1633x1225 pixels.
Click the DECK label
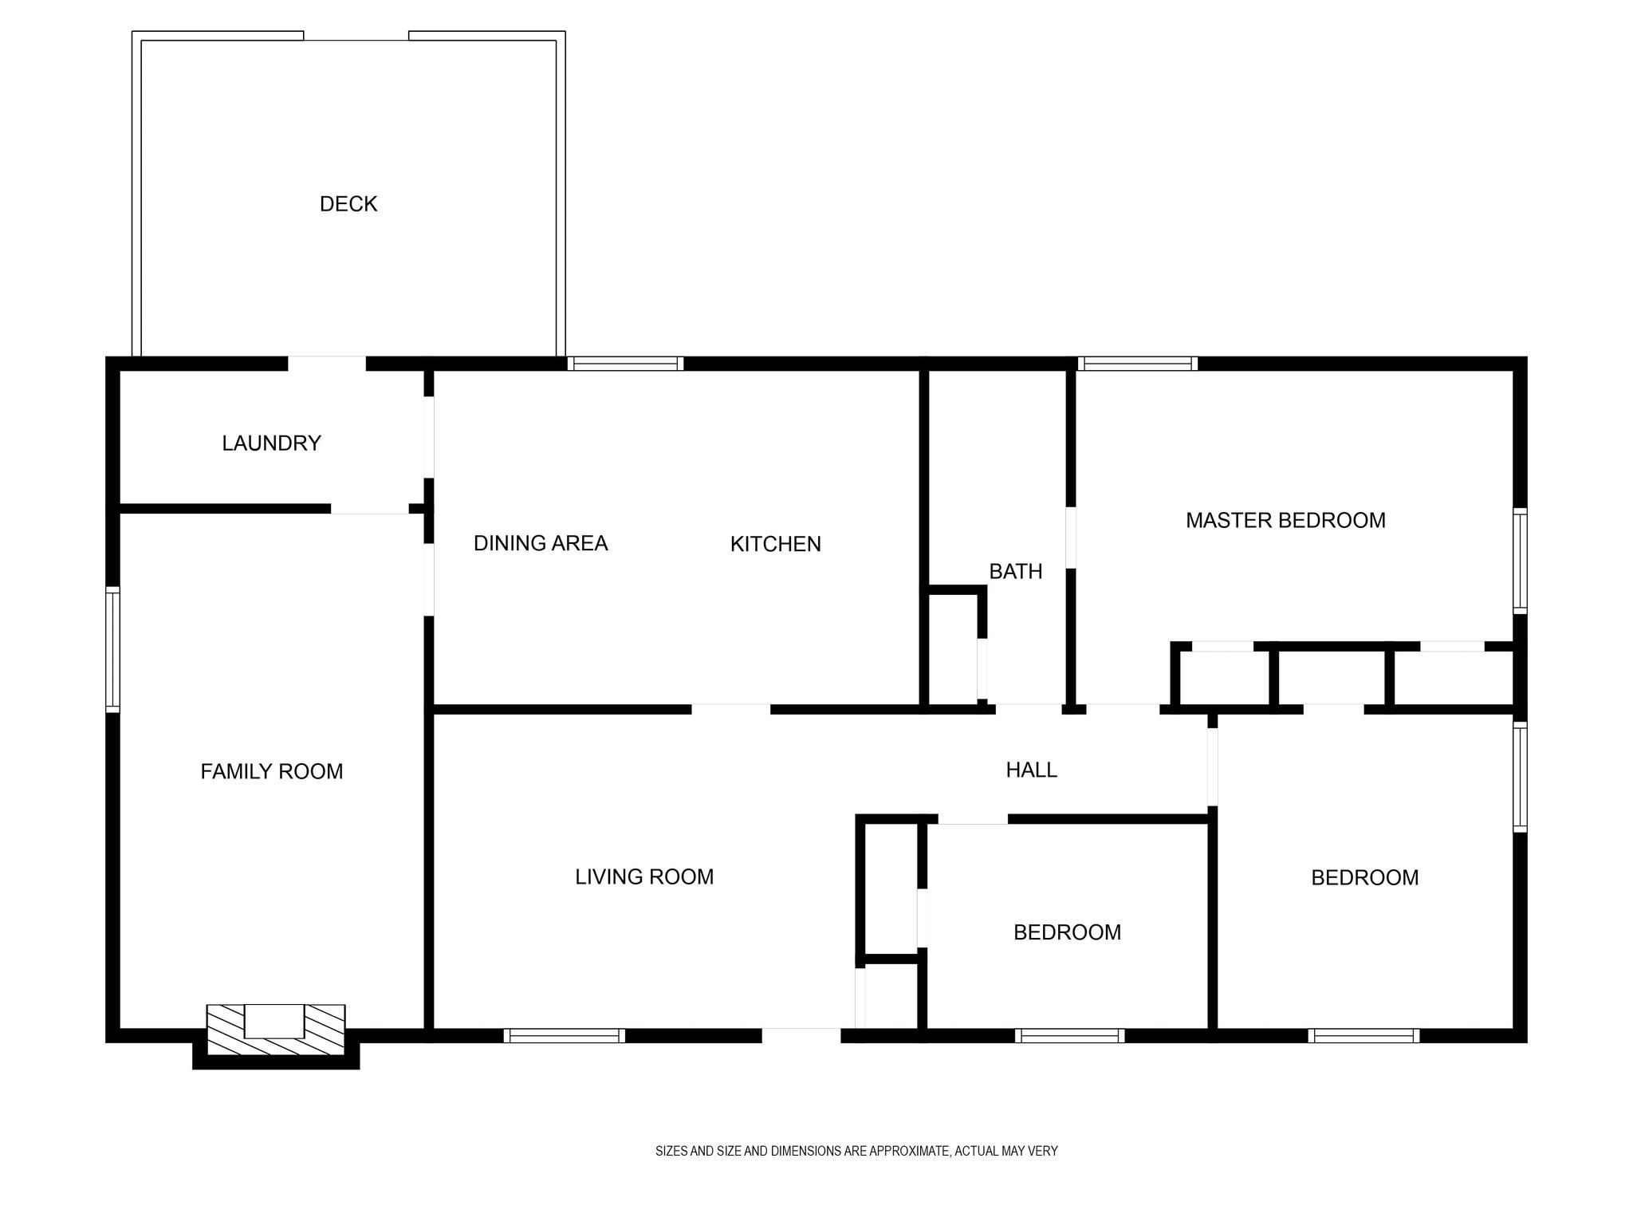[x=348, y=204]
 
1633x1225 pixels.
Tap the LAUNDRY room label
[x=271, y=443]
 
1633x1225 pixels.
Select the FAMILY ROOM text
[x=272, y=771]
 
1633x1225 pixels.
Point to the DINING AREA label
[x=541, y=543]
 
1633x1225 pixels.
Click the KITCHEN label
[x=776, y=544]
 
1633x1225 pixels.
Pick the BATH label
[x=1016, y=571]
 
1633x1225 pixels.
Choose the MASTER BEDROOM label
[x=1285, y=520]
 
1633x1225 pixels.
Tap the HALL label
[x=1032, y=770]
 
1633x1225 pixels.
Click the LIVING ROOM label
[x=644, y=876]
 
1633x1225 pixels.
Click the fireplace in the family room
[x=276, y=1028]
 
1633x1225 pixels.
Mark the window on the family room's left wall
[x=112, y=649]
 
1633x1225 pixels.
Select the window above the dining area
[x=626, y=364]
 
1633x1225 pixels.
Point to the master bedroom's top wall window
[x=1138, y=364]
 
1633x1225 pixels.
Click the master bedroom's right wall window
[x=1521, y=561]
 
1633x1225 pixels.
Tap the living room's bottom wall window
[x=565, y=1036]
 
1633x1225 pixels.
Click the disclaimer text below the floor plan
[x=856, y=1151]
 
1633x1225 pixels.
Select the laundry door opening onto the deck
[x=327, y=364]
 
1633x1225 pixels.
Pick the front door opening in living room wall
[x=801, y=1036]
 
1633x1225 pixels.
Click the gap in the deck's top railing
[x=356, y=36]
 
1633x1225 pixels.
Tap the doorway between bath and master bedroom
[x=1071, y=538]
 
